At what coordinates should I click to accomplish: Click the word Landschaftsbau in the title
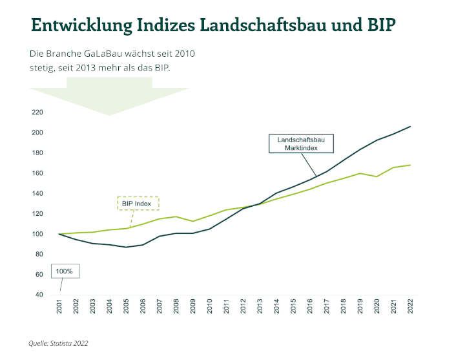[263, 25]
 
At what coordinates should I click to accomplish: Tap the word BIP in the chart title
[382, 25]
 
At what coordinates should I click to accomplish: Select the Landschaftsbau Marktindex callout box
[301, 143]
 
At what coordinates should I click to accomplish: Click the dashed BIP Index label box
[138, 204]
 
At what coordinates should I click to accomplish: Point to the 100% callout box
[65, 271]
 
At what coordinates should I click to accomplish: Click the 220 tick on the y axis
[37, 112]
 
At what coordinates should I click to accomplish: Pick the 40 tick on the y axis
[39, 295]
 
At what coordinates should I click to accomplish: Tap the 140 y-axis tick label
[37, 193]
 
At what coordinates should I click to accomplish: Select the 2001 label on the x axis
[59, 306]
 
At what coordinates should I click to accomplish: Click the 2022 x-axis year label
[411, 306]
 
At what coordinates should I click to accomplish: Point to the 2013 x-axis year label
[260, 306]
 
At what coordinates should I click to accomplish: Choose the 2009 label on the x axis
[193, 306]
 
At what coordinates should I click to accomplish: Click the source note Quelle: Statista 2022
[58, 343]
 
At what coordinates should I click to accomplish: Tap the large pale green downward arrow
[109, 96]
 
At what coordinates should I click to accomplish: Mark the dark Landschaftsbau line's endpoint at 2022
[411, 127]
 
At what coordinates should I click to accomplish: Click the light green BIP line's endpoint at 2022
[411, 165]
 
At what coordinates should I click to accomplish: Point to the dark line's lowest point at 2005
[127, 247]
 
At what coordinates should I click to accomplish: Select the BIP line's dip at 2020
[377, 176]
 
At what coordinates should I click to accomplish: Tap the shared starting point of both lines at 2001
[59, 234]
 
